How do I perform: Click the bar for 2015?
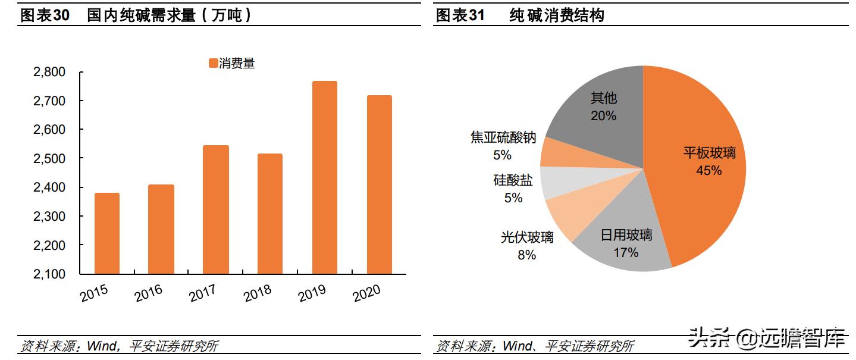pos(106,233)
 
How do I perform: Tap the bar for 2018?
pos(270,214)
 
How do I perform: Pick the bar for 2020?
pos(379,184)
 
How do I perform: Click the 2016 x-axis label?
pos(149,293)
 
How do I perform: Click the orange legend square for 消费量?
pos(213,64)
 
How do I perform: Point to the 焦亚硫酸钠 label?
pos(503,138)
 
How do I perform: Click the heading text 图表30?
pos(46,15)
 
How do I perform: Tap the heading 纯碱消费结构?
pos(557,15)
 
